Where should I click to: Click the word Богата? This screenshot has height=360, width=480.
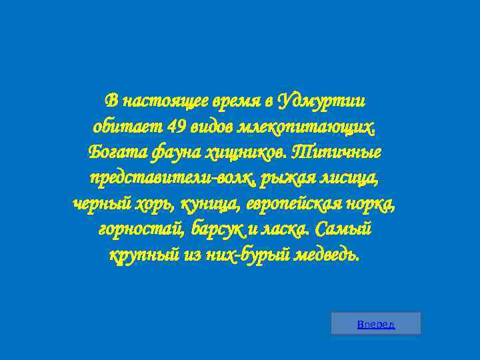coord(112,152)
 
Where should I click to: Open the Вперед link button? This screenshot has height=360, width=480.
coord(376,325)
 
